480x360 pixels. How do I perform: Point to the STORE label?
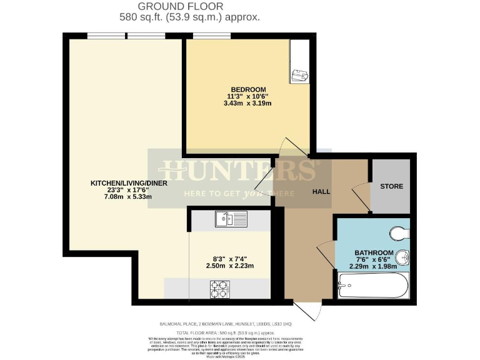coord(391,186)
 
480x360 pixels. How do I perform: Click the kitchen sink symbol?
coord(231,219)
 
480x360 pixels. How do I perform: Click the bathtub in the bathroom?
coord(372,286)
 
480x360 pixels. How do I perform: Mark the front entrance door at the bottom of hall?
coord(307,309)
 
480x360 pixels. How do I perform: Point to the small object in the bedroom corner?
coord(298,75)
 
